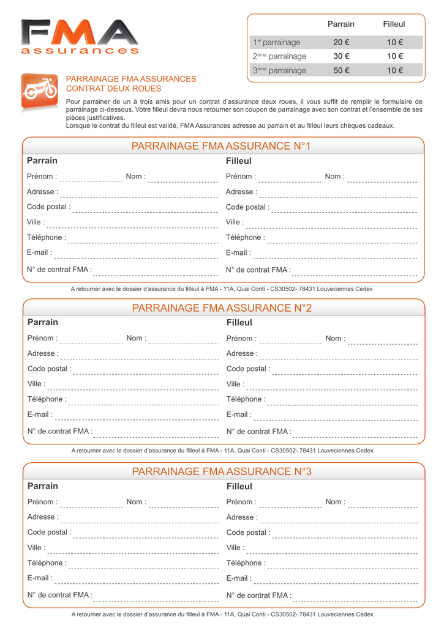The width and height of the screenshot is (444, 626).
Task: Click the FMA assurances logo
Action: tap(80, 37)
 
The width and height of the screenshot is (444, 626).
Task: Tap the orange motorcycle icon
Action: tap(40, 92)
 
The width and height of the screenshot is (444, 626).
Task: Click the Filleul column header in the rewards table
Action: tap(394, 24)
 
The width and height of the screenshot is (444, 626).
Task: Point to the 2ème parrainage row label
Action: tap(279, 56)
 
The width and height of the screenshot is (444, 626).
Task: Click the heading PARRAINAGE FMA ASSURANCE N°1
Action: tap(221, 146)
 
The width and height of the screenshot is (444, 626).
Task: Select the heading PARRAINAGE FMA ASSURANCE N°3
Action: tap(222, 471)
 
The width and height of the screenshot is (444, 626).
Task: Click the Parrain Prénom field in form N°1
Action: tap(91, 179)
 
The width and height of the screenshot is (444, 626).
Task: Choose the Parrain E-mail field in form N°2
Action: tap(137, 416)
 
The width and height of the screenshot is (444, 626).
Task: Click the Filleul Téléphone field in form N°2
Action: tap(343, 401)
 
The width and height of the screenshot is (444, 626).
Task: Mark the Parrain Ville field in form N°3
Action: tap(133, 550)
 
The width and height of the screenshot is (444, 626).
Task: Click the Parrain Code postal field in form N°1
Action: tap(145, 208)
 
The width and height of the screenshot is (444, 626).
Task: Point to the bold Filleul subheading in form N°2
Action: tap(239, 323)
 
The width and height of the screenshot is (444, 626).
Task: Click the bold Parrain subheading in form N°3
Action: tap(43, 486)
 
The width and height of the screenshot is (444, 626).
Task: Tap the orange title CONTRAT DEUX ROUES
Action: tap(113, 89)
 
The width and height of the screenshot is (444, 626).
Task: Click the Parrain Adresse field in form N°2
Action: tap(140, 355)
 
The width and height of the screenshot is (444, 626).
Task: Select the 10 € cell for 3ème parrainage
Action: tap(394, 70)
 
